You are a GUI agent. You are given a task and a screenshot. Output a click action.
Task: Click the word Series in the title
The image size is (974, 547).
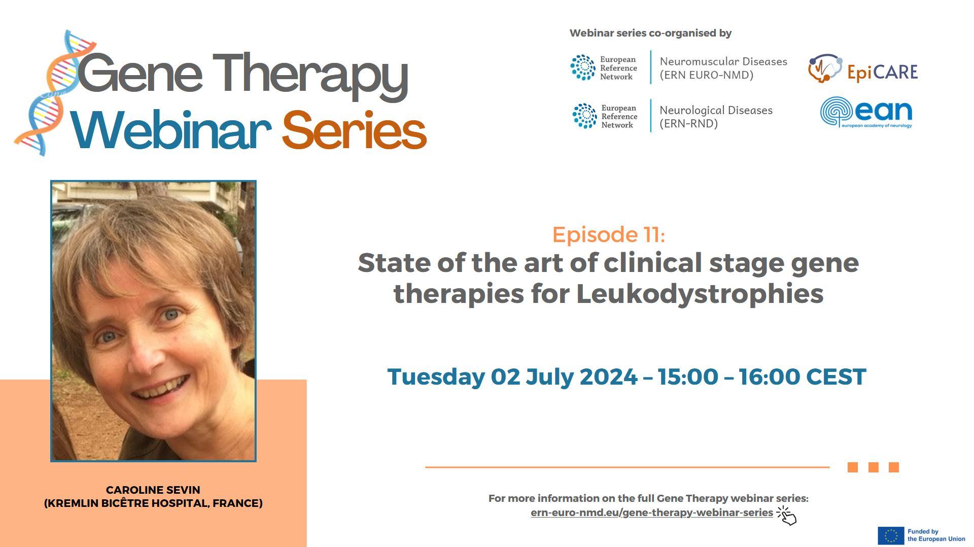354,130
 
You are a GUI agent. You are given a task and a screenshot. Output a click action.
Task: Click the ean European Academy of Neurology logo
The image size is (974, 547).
866,112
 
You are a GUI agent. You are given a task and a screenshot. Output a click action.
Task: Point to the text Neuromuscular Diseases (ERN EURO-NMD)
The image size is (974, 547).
723,68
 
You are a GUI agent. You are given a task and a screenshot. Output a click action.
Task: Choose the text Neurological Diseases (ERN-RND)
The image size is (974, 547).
716,117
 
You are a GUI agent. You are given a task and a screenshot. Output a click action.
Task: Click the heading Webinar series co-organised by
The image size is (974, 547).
650,33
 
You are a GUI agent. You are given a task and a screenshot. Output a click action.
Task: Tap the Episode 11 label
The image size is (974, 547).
608,234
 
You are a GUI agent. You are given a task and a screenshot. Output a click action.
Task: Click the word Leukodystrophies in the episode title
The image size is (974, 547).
700,293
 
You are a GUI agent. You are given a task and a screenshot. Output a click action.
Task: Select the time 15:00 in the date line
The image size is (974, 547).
688,377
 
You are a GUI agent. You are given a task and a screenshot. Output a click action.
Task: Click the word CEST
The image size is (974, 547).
836,377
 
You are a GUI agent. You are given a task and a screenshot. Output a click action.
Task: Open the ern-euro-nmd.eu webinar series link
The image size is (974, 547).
652,512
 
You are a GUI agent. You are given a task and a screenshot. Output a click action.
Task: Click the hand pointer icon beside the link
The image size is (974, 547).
787,515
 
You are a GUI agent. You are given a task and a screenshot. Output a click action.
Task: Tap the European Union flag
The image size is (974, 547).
891,535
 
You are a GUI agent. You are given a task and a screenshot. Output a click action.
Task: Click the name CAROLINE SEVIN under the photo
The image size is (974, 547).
153,490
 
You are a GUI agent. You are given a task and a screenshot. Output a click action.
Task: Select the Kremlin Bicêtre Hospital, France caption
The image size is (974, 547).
153,503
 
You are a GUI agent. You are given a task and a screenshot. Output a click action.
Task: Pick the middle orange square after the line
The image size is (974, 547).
873,467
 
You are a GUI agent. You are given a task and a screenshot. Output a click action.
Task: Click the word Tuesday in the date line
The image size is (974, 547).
436,377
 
